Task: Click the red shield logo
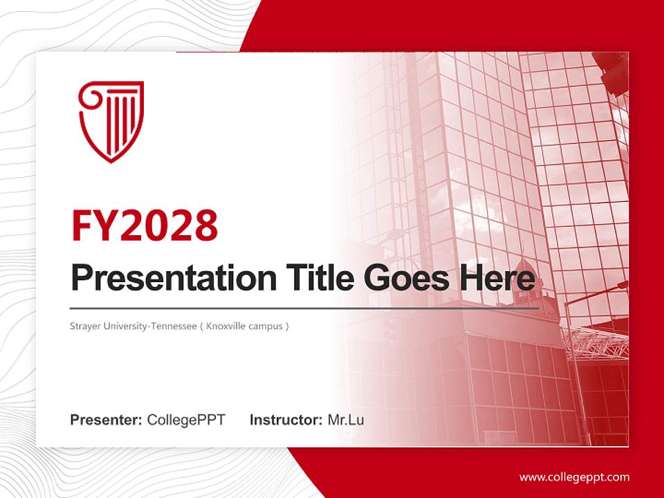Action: tap(111, 121)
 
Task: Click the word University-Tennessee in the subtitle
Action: tap(149, 326)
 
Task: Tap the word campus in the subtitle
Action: tap(268, 326)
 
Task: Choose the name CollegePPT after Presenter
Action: tap(186, 420)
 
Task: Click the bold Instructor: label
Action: tap(286, 420)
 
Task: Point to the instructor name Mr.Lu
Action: tap(346, 420)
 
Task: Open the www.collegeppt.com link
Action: tap(574, 477)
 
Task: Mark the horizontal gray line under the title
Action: tap(304, 308)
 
